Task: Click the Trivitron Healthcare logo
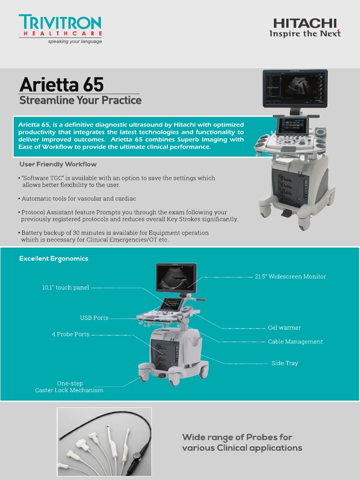[60, 29]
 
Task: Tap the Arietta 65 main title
[61, 85]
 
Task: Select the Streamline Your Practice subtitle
[80, 100]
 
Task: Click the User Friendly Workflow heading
[58, 164]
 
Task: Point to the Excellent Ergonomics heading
[53, 258]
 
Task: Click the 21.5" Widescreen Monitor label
[290, 277]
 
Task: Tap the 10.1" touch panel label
[66, 287]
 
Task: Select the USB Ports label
[94, 318]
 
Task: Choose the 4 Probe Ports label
[70, 334]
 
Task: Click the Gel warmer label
[284, 328]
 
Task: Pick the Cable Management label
[295, 342]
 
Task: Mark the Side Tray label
[285, 363]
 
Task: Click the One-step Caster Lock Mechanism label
[69, 387]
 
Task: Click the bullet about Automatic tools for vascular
[79, 199]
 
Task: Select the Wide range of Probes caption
[242, 442]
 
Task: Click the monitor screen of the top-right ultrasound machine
[295, 88]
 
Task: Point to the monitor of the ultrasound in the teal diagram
[175, 278]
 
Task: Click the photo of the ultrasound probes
[105, 442]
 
